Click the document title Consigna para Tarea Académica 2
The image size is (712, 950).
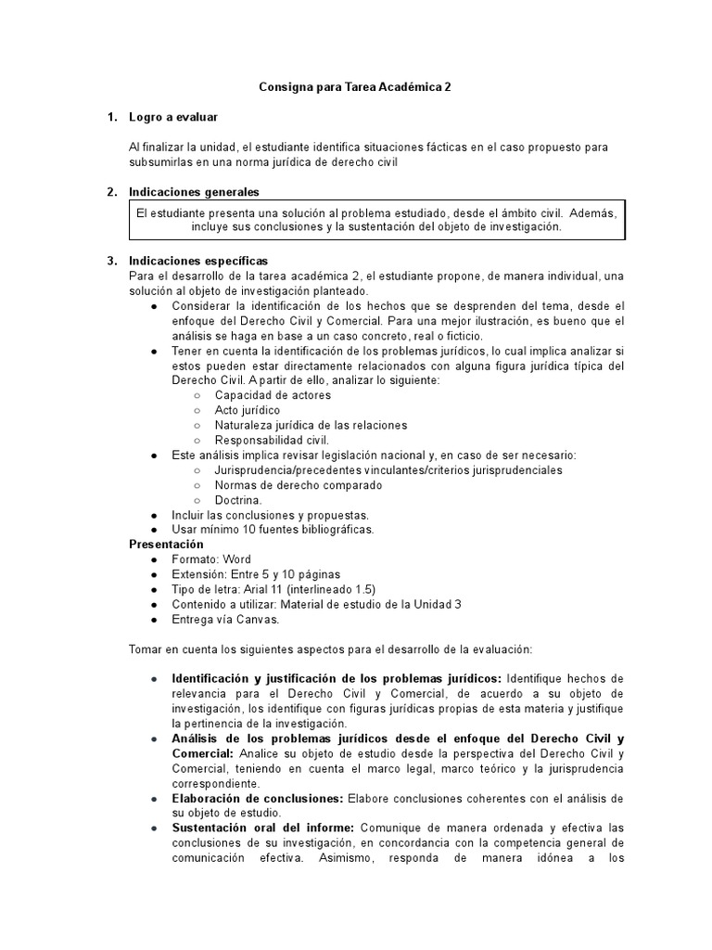click(x=355, y=86)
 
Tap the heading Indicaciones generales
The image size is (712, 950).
click(x=194, y=192)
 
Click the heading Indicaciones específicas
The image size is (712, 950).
click(x=198, y=261)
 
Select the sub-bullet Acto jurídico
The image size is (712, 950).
click(x=247, y=410)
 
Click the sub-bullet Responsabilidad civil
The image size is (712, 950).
click(x=272, y=440)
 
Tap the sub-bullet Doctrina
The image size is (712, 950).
click(x=238, y=499)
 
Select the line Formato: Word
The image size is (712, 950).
click(x=211, y=559)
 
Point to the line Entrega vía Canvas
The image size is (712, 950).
click(x=225, y=619)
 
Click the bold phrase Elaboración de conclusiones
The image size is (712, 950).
click(x=258, y=798)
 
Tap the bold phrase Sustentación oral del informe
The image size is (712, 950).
click(x=264, y=828)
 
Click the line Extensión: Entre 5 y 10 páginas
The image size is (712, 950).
click(x=256, y=574)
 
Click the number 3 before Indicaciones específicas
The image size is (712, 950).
click(x=111, y=261)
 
